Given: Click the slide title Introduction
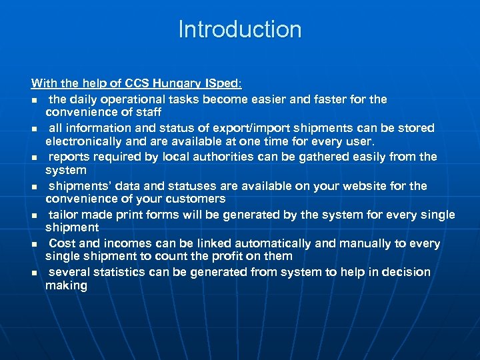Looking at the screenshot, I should [240, 29].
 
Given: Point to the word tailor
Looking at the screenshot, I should [65, 215].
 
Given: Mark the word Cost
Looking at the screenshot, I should [63, 243].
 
